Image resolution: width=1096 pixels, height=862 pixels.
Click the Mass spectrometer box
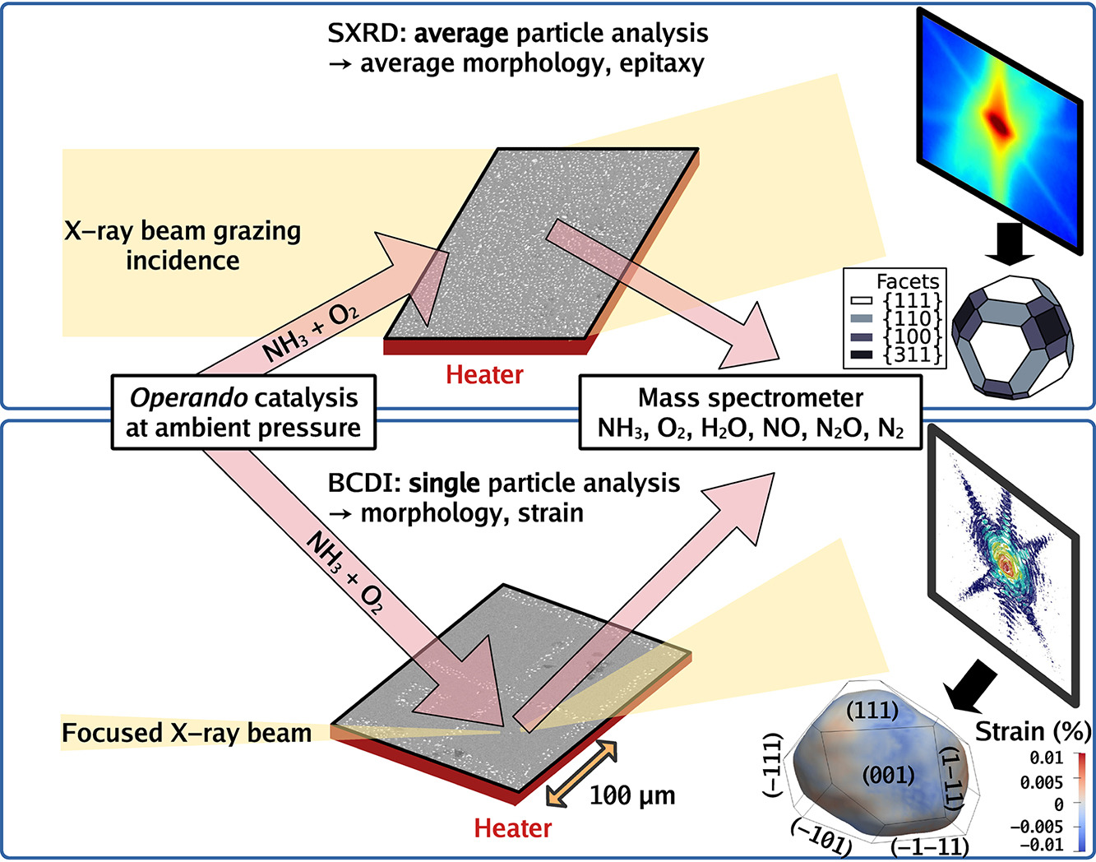click(750, 413)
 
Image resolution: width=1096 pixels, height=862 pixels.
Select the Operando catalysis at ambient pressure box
click(243, 413)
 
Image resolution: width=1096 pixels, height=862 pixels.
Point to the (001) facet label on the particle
click(888, 775)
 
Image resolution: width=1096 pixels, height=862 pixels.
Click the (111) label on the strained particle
click(872, 710)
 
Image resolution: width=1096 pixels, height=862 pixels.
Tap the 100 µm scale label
click(632, 795)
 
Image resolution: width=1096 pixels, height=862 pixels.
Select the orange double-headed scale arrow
click(581, 772)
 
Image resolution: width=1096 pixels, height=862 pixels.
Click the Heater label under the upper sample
click(484, 375)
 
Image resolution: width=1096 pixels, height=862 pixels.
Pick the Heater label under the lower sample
click(513, 827)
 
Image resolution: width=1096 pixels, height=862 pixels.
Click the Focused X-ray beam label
click(187, 733)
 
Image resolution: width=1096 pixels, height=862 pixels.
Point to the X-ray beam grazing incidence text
click(183, 246)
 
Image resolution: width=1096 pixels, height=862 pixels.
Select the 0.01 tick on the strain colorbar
click(1046, 758)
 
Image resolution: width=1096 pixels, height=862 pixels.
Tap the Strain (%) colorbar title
click(1033, 730)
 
